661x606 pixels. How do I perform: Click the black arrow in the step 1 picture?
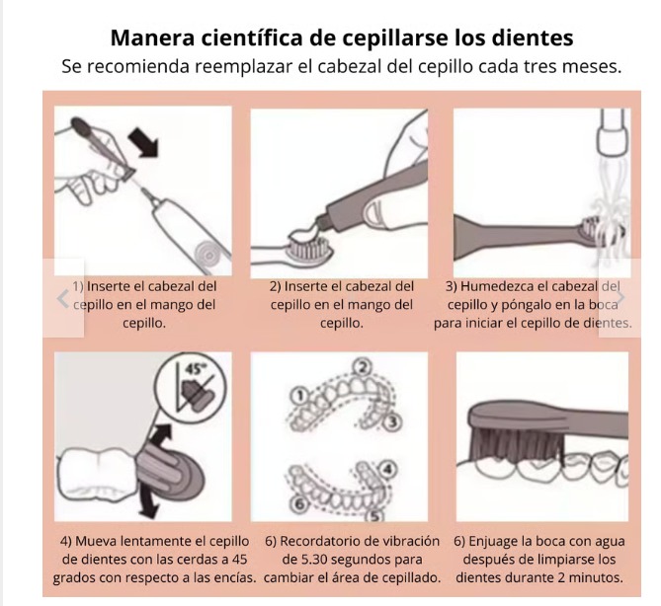pos(143,142)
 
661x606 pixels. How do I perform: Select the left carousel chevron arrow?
pos(63,299)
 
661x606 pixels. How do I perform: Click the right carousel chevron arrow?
pos(620,297)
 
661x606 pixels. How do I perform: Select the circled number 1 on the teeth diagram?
pos(300,396)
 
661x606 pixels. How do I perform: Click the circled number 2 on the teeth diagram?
pos(362,366)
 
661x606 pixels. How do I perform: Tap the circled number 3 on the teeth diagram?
pos(393,421)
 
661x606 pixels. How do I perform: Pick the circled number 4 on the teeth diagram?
pos(388,469)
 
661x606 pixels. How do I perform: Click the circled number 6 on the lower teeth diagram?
pos(299,503)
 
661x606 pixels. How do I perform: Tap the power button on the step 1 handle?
pos(208,254)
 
